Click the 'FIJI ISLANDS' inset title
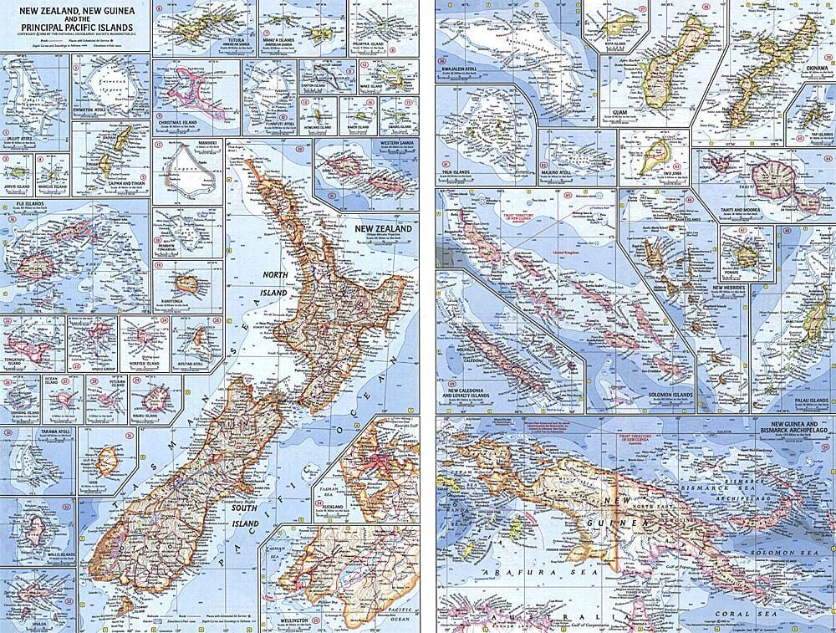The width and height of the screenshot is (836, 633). coord(22,203)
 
